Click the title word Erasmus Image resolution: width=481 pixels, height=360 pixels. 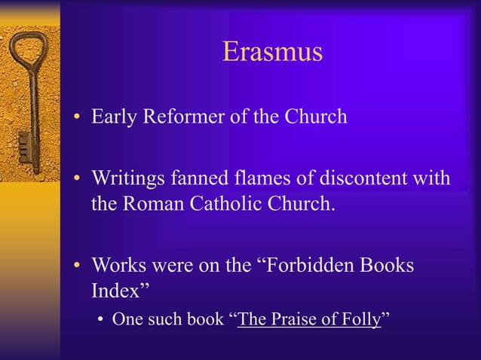pyautogui.click(x=272, y=52)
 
